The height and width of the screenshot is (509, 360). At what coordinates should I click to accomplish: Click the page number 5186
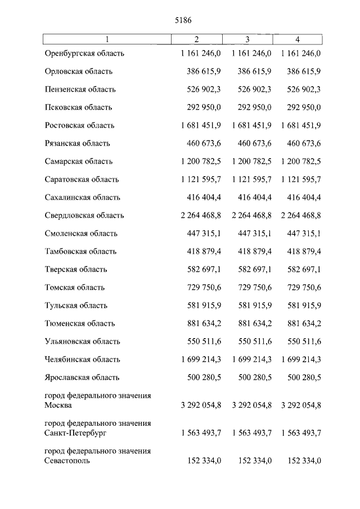(180, 20)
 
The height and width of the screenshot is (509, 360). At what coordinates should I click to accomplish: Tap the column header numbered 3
(247, 39)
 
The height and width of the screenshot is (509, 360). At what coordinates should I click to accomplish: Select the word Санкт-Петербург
(74, 433)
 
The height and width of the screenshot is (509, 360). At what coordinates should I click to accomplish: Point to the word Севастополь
(66, 461)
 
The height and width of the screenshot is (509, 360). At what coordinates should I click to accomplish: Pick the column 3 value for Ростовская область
(252, 125)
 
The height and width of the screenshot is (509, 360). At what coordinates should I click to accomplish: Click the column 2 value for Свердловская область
(201, 215)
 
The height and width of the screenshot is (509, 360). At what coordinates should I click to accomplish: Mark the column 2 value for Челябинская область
(201, 359)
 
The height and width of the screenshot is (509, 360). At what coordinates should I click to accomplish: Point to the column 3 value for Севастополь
(255, 461)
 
